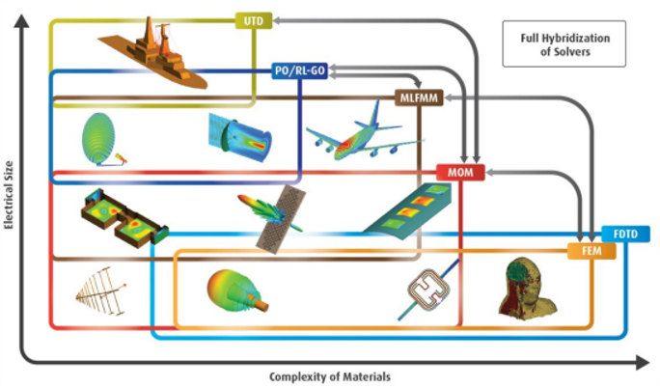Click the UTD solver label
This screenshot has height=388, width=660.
pos(254,20)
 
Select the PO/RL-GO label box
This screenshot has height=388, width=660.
pos(299,70)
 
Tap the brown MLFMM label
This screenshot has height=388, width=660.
pos(419,98)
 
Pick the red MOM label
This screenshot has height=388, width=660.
pos(460,172)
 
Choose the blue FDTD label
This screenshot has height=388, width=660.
pos(625,234)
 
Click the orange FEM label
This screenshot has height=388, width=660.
pos(591,251)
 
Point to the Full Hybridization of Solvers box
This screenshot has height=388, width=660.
pos(564,43)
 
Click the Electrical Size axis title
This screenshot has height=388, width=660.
pos(9,195)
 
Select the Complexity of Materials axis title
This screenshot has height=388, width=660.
pos(330,376)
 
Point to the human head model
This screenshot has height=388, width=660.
pos(527,289)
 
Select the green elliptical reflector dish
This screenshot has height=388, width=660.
pos(98,138)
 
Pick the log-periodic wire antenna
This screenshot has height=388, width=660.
pos(101,291)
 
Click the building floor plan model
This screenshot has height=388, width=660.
pos(124,217)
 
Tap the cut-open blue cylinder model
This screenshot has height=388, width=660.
pos(240,138)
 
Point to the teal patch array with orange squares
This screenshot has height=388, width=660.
pos(408,211)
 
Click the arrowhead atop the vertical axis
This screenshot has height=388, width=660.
pos(21,20)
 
